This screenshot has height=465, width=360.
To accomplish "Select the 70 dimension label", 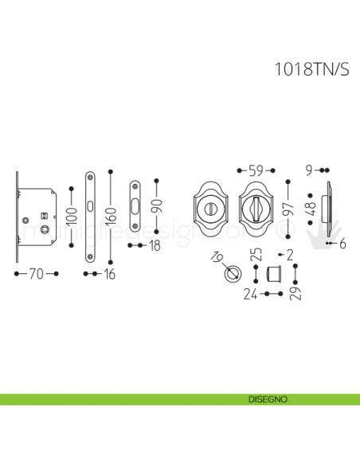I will (37, 274).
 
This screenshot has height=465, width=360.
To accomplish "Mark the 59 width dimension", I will (255, 170).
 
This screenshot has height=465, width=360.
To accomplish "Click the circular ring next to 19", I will (232, 275).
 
